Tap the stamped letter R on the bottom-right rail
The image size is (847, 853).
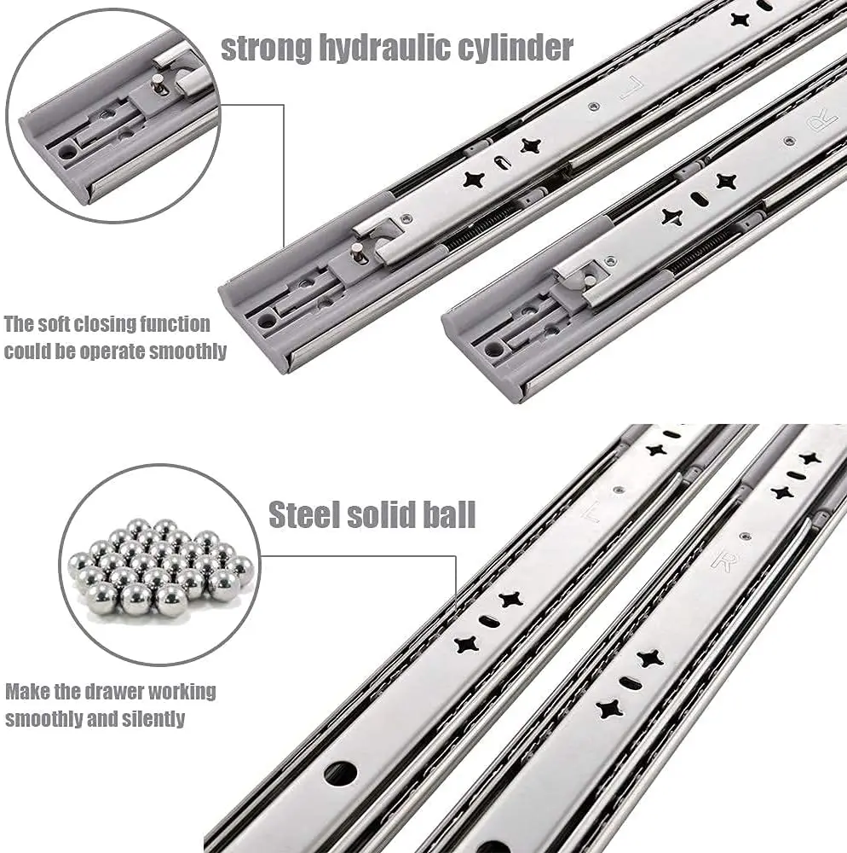pos(723,561)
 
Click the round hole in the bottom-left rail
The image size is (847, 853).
pos(340,773)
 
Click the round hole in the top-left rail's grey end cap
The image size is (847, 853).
pos(268,321)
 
